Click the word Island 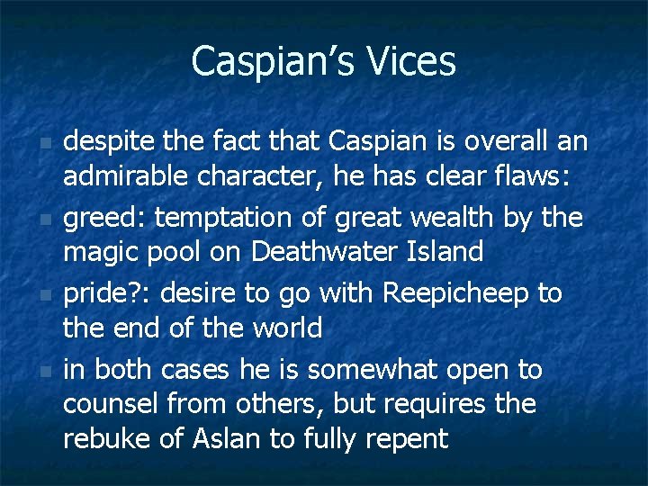pyautogui.click(x=444, y=253)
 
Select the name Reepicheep pyautogui.click(x=460, y=292)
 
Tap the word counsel pyautogui.click(x=113, y=403)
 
